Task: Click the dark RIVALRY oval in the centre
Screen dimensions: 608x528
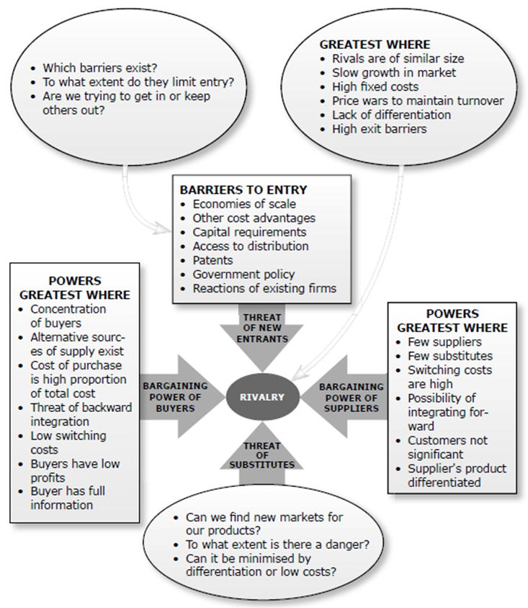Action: coord(263,396)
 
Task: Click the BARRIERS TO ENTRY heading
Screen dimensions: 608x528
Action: coord(243,190)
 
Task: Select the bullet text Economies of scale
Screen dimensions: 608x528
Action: coord(243,204)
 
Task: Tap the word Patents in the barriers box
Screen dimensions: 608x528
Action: coord(212,260)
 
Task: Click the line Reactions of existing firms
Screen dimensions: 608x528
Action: coord(264,288)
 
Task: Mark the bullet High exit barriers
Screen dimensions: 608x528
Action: coord(379,129)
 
